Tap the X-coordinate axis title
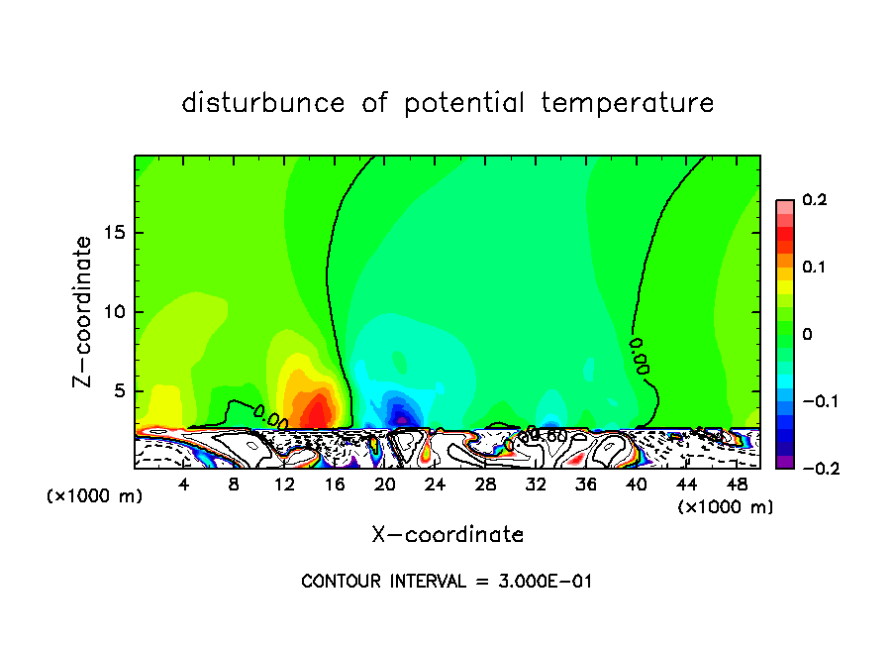[447, 535]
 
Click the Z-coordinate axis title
[84, 311]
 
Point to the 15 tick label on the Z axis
[116, 234]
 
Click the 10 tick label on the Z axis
[116, 312]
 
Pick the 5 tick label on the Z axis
[121, 390]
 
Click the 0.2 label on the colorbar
[815, 200]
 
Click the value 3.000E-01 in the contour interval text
[546, 582]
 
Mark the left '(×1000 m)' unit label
[95, 496]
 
